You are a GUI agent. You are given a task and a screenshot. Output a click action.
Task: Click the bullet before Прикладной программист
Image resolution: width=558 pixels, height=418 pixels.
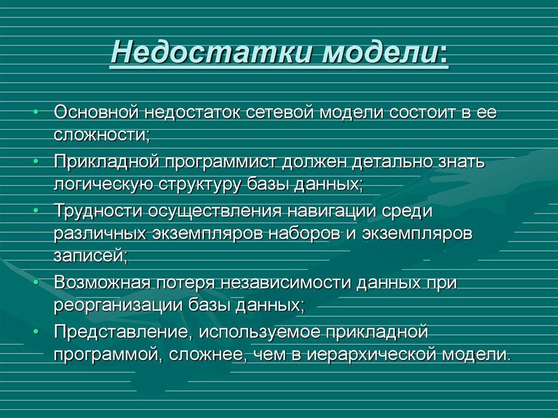click(35, 162)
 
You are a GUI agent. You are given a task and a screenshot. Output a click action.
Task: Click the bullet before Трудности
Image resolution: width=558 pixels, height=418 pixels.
click(35, 210)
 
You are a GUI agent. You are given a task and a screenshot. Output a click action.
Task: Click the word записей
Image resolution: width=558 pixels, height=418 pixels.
click(90, 255)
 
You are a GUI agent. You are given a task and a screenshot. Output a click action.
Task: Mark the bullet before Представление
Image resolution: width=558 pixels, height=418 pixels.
click(35, 331)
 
